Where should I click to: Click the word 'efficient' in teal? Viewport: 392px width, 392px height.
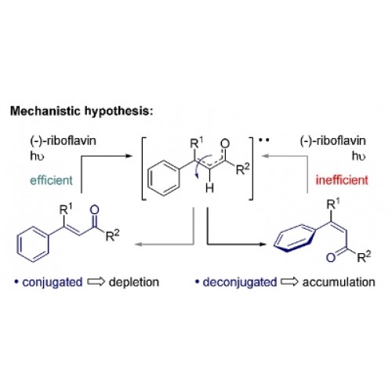click(51, 180)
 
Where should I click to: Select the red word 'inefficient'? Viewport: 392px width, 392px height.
click(342, 180)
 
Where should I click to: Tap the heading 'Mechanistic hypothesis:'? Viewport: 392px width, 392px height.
click(82, 111)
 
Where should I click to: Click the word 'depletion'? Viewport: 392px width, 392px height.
click(134, 282)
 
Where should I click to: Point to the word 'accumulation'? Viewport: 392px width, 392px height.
click(339, 282)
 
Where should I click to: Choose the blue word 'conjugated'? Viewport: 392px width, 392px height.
click(53, 282)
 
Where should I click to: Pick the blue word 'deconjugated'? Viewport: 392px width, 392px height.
click(240, 282)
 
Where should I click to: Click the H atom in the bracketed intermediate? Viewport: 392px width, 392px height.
click(209, 187)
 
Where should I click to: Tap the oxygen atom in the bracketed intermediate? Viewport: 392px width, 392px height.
click(225, 143)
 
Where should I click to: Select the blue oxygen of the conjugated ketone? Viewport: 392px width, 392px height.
click(95, 210)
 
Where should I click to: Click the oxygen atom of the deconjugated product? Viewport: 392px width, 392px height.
click(331, 257)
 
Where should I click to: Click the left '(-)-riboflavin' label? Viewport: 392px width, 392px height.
click(63, 141)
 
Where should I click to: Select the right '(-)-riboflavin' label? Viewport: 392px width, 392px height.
click(332, 141)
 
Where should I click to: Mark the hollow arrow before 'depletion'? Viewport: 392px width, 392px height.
click(96, 281)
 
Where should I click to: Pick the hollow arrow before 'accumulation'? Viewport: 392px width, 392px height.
click(289, 281)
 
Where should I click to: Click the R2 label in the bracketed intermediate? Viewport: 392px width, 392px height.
click(242, 169)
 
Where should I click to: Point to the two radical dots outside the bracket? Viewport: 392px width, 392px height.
click(263, 140)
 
